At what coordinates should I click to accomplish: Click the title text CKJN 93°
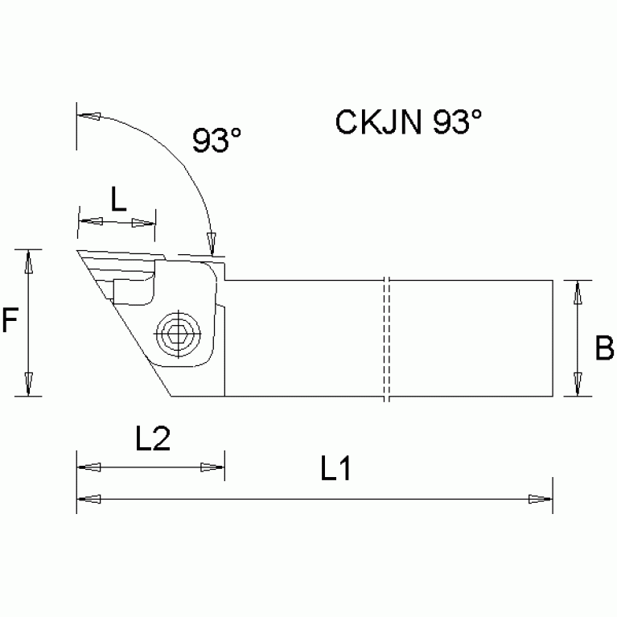point(408,123)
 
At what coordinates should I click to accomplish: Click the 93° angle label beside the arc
point(216,141)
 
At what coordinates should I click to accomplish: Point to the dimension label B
point(603,348)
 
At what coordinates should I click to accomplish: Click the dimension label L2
point(152,439)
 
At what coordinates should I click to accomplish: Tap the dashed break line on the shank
point(386,339)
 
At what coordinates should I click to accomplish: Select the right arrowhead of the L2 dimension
point(212,467)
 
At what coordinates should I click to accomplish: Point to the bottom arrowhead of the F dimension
point(29,385)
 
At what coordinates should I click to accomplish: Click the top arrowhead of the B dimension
point(577,292)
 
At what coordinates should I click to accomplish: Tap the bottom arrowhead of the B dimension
point(577,385)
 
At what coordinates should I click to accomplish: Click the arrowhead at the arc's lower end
point(212,241)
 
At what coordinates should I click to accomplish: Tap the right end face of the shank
point(553,338)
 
